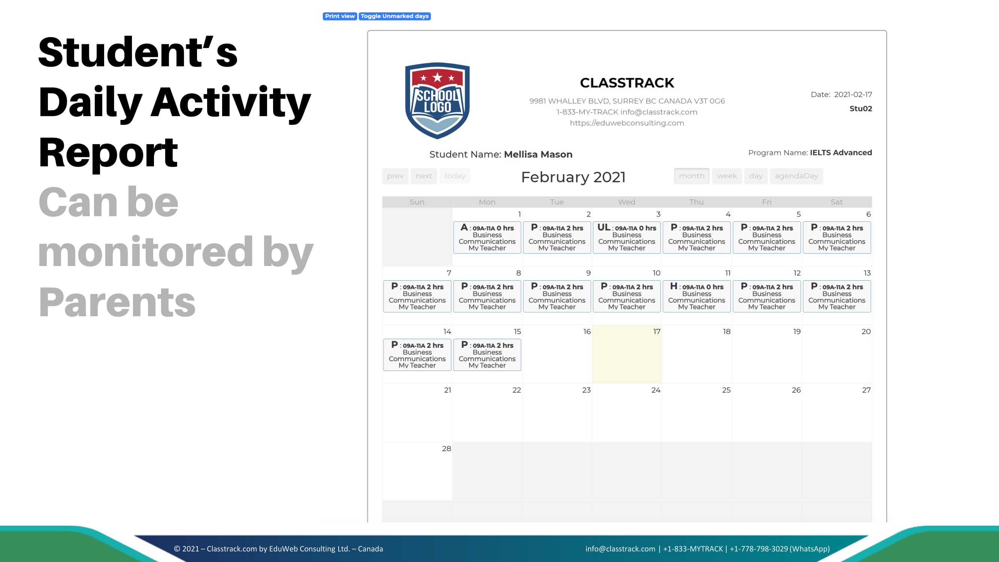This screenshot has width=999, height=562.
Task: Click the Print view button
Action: [340, 16]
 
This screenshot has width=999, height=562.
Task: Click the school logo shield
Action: [437, 100]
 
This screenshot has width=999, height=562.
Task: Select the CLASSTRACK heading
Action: [627, 82]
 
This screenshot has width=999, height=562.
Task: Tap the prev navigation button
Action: [395, 176]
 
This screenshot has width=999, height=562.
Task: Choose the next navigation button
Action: [424, 176]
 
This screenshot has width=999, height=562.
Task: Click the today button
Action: [454, 176]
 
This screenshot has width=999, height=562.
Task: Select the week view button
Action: [726, 176]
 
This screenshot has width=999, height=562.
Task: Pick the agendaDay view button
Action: [796, 176]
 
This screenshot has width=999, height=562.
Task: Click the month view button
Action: [691, 176]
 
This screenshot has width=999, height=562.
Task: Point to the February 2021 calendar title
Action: [573, 177]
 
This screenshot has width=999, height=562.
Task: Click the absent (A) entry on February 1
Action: [487, 238]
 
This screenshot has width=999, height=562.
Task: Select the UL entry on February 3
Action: [627, 238]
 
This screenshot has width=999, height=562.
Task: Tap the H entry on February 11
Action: [696, 296]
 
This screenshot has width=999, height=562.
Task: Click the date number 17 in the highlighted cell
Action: [656, 332]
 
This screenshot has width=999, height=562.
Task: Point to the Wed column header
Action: [627, 202]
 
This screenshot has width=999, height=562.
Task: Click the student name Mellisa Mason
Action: [538, 154]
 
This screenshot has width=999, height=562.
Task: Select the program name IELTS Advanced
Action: [841, 152]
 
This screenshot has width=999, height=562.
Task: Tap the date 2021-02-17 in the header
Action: [853, 95]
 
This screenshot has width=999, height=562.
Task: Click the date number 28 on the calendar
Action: [446, 449]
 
